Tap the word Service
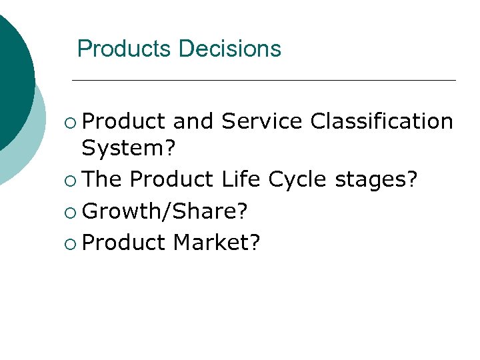tap(262, 121)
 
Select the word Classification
tap(382, 121)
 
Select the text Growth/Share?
tap(166, 211)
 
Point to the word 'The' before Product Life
tap(103, 179)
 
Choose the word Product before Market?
tap(124, 242)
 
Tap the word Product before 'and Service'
tap(124, 121)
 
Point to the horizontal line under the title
tap(263, 81)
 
